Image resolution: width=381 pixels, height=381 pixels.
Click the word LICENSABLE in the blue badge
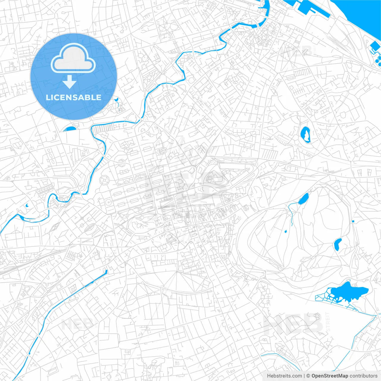click(x=74, y=97)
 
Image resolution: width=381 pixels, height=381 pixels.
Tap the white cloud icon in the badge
click(x=73, y=59)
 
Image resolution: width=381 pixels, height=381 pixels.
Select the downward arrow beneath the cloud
click(x=70, y=82)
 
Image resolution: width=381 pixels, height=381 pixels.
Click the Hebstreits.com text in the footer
click(x=284, y=376)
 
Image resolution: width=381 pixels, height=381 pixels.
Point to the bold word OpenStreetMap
click(x=330, y=376)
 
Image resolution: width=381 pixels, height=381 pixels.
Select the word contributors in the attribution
click(x=363, y=376)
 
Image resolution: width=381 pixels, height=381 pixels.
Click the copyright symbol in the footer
click(x=308, y=376)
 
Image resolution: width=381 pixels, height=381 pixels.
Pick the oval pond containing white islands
click(x=305, y=135)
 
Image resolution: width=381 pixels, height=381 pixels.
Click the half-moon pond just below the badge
click(x=70, y=129)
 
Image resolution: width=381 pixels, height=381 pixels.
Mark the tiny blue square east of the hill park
click(x=353, y=221)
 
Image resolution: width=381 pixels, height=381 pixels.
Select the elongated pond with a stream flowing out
click(x=303, y=199)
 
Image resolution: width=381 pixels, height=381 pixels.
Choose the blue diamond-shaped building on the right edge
click(x=375, y=46)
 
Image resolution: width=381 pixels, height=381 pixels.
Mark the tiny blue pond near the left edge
click(x=26, y=205)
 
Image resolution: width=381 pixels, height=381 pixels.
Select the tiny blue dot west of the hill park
click(x=285, y=231)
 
